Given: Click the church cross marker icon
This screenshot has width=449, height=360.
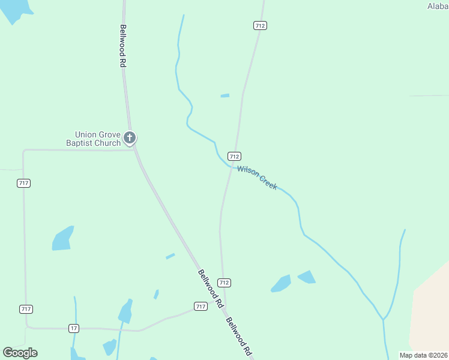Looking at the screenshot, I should pos(130,139).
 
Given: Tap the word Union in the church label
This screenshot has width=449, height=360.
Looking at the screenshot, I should pos(85,135).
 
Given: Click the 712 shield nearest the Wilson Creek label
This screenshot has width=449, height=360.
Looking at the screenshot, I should pos(235,155).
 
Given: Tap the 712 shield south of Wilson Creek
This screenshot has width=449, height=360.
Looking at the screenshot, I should pos(224,282).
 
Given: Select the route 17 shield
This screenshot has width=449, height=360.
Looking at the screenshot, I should pos(74,328).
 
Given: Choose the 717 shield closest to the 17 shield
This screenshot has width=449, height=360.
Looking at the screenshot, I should pos(26,309).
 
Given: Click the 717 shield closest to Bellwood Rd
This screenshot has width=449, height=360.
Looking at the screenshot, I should pos(200,307).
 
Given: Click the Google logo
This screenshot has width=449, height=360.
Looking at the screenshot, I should pos(20,353).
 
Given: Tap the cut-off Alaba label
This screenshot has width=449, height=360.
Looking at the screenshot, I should pos(438,6).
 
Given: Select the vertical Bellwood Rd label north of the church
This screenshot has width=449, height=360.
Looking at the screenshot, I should pos(123,46).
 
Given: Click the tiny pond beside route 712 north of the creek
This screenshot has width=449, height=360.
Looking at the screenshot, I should pos(224,95).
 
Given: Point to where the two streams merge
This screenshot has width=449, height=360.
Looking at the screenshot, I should pos(383,319).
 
